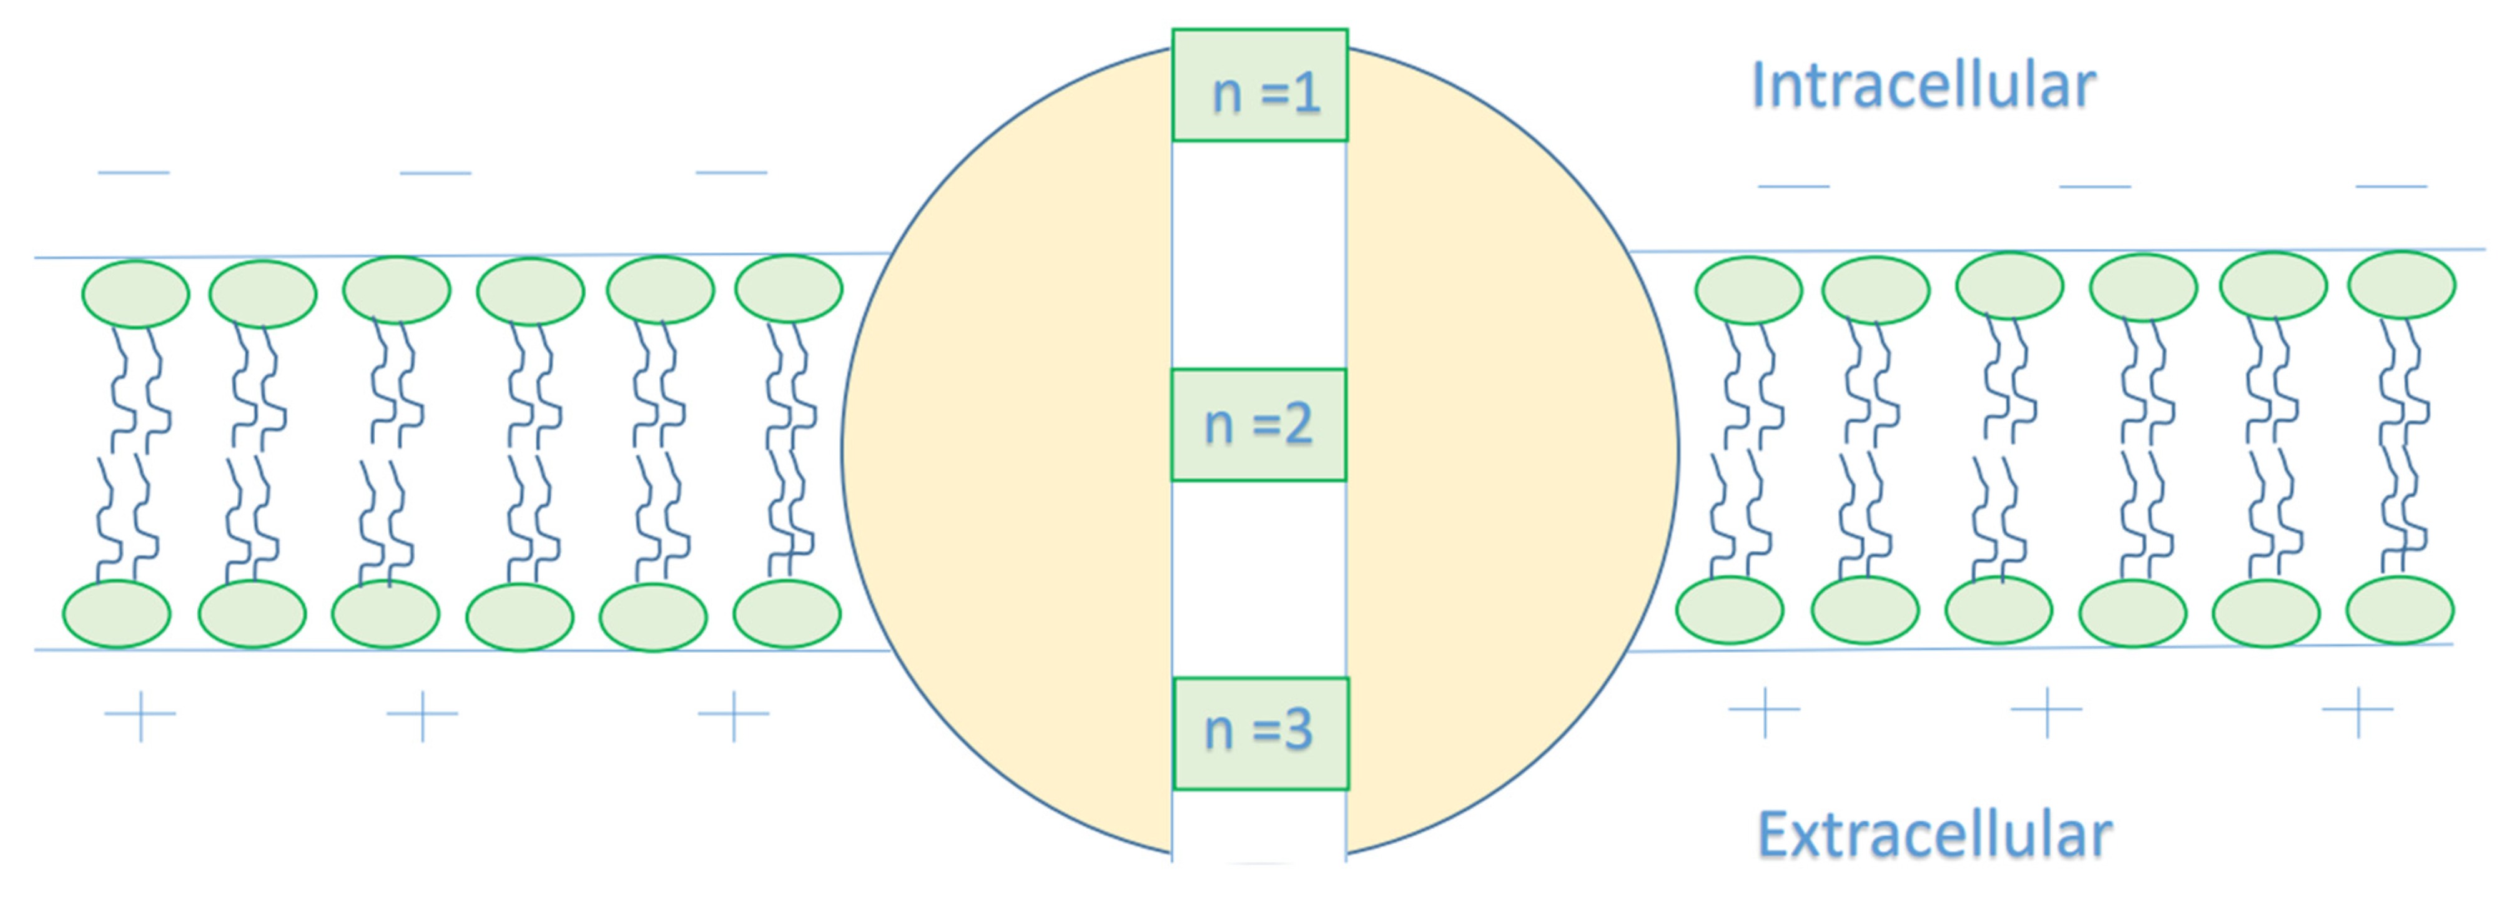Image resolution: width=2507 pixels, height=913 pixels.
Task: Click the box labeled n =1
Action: [x=1259, y=86]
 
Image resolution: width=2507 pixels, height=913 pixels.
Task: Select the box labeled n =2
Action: [x=1258, y=425]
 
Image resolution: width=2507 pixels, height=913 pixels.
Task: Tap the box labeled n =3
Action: [x=1260, y=733]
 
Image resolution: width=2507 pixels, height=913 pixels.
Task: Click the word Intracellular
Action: [x=1923, y=86]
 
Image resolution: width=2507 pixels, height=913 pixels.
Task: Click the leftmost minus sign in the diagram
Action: [x=134, y=173]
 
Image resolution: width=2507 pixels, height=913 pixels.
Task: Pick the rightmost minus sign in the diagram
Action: [x=2391, y=185]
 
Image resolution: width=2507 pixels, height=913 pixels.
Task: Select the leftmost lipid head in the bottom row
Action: [x=117, y=613]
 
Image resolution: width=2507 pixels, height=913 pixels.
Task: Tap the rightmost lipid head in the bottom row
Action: [x=2400, y=610]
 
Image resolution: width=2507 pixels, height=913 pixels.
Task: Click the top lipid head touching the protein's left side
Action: [x=788, y=288]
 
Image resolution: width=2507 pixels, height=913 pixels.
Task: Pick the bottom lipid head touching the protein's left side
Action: [x=786, y=613]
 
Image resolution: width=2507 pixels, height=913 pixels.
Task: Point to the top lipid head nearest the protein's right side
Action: [x=1749, y=290]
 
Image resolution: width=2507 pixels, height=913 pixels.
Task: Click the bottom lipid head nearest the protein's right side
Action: [x=1730, y=610]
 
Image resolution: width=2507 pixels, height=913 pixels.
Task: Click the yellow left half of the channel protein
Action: [x=1012, y=448]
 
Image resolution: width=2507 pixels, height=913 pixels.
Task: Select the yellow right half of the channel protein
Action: [x=1509, y=448]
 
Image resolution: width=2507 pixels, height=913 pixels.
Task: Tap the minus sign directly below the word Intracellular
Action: [x=1794, y=185]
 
